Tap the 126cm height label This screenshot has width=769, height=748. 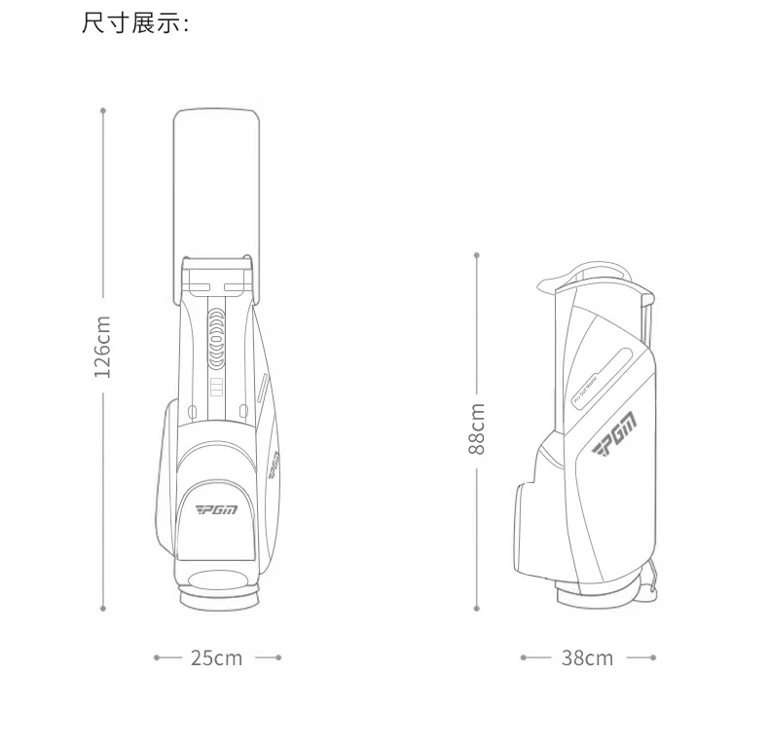pyautogui.click(x=102, y=347)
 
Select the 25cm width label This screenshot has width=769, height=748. pyautogui.click(x=216, y=658)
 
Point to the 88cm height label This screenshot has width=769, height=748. pyautogui.click(x=477, y=429)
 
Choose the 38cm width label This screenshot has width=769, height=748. pyautogui.click(x=587, y=658)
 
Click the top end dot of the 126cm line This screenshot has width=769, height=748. pyautogui.click(x=103, y=110)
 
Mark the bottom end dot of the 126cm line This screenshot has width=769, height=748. pyautogui.click(x=103, y=610)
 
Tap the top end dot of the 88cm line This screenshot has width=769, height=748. pyautogui.click(x=477, y=255)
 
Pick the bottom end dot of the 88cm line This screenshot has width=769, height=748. pyautogui.click(x=477, y=610)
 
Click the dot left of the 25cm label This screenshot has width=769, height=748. pyautogui.click(x=157, y=658)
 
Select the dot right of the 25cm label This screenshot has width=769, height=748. pyautogui.click(x=278, y=658)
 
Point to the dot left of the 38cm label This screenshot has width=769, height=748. pyautogui.click(x=524, y=658)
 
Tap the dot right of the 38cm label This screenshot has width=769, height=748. pyautogui.click(x=653, y=658)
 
